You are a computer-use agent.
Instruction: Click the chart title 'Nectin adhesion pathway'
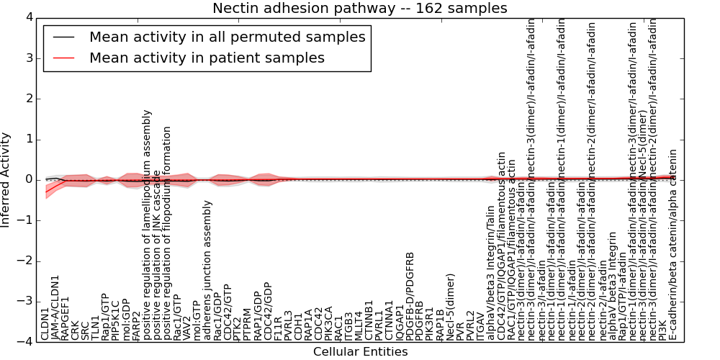(359, 9)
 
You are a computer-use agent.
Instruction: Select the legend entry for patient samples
(207, 58)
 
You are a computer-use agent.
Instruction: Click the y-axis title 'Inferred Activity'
(6, 179)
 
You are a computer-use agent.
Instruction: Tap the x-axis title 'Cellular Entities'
(360, 352)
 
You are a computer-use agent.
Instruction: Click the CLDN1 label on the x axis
(45, 324)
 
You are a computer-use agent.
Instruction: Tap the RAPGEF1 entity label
(66, 318)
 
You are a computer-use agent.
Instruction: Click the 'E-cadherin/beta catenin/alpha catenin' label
(672, 245)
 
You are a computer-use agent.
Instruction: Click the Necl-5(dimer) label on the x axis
(451, 306)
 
